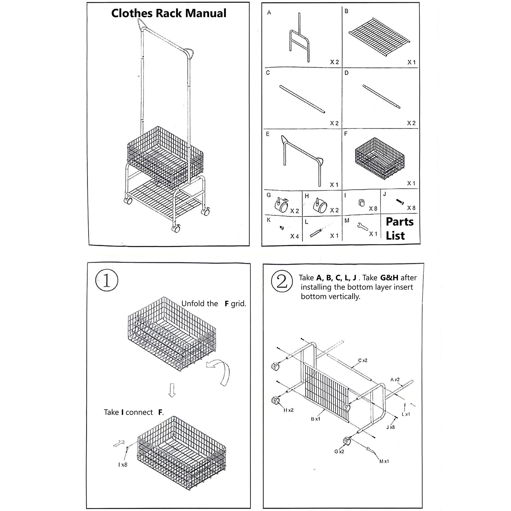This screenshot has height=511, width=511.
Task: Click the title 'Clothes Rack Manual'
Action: coord(169,13)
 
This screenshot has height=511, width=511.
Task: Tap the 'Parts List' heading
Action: coord(399,228)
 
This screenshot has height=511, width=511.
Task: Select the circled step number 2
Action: coord(281,281)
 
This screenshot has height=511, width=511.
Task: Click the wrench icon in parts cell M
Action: coord(362,226)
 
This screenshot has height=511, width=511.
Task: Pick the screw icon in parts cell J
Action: coord(400,202)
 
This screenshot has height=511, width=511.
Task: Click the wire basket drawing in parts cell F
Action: coord(379,159)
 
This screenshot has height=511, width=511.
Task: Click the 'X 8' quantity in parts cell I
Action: coord(373,209)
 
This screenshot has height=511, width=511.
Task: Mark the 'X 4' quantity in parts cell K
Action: coord(294,236)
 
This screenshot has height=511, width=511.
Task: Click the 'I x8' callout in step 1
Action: coord(123,465)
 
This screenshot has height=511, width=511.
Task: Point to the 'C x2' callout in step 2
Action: coord(362,361)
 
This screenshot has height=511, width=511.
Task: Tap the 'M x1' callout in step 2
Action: coord(384,461)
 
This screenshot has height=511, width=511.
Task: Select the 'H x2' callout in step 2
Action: coord(288,410)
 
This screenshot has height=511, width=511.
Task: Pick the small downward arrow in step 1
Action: coord(172,390)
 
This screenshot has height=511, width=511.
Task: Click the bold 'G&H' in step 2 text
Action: coord(389,278)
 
